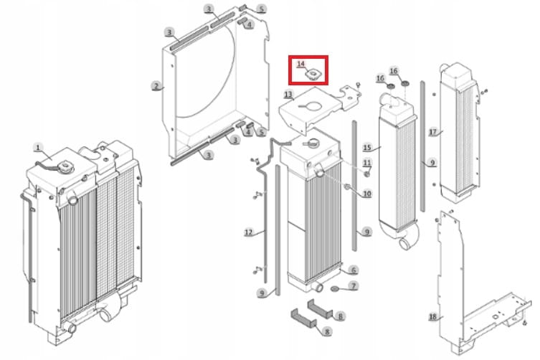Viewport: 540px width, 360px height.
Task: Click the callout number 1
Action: pyautogui.click(x=38, y=148)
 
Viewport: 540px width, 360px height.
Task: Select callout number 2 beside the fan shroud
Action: pyautogui.click(x=156, y=86)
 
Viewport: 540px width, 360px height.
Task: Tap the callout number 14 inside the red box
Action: pyautogui.click(x=300, y=64)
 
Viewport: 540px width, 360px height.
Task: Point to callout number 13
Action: pyautogui.click(x=288, y=94)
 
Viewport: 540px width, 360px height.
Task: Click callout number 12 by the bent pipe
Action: pyautogui.click(x=248, y=232)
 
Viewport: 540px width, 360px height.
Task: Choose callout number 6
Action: pyautogui.click(x=354, y=270)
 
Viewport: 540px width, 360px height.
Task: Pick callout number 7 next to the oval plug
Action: pyautogui.click(x=354, y=285)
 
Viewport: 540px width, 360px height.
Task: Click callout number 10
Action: pyautogui.click(x=367, y=194)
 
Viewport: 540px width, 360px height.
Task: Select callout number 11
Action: pyautogui.click(x=367, y=163)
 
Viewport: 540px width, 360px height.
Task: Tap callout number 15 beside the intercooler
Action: pyautogui.click(x=367, y=148)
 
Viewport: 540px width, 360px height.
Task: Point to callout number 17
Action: pyautogui.click(x=433, y=132)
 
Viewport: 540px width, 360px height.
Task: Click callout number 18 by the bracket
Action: pyautogui.click(x=433, y=316)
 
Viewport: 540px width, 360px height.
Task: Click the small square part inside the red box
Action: pyautogui.click(x=313, y=74)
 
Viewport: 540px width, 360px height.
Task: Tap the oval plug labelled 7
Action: pyautogui.click(x=335, y=288)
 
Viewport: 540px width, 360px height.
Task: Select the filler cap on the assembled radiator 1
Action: pyautogui.click(x=65, y=168)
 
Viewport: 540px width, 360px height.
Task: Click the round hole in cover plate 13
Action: pyautogui.click(x=314, y=106)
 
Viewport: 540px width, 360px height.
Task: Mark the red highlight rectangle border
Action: pyautogui.click(x=289, y=70)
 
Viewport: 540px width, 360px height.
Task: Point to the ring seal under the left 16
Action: pyautogui.click(x=392, y=86)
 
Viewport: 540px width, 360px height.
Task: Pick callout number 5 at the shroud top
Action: pyautogui.click(x=262, y=9)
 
